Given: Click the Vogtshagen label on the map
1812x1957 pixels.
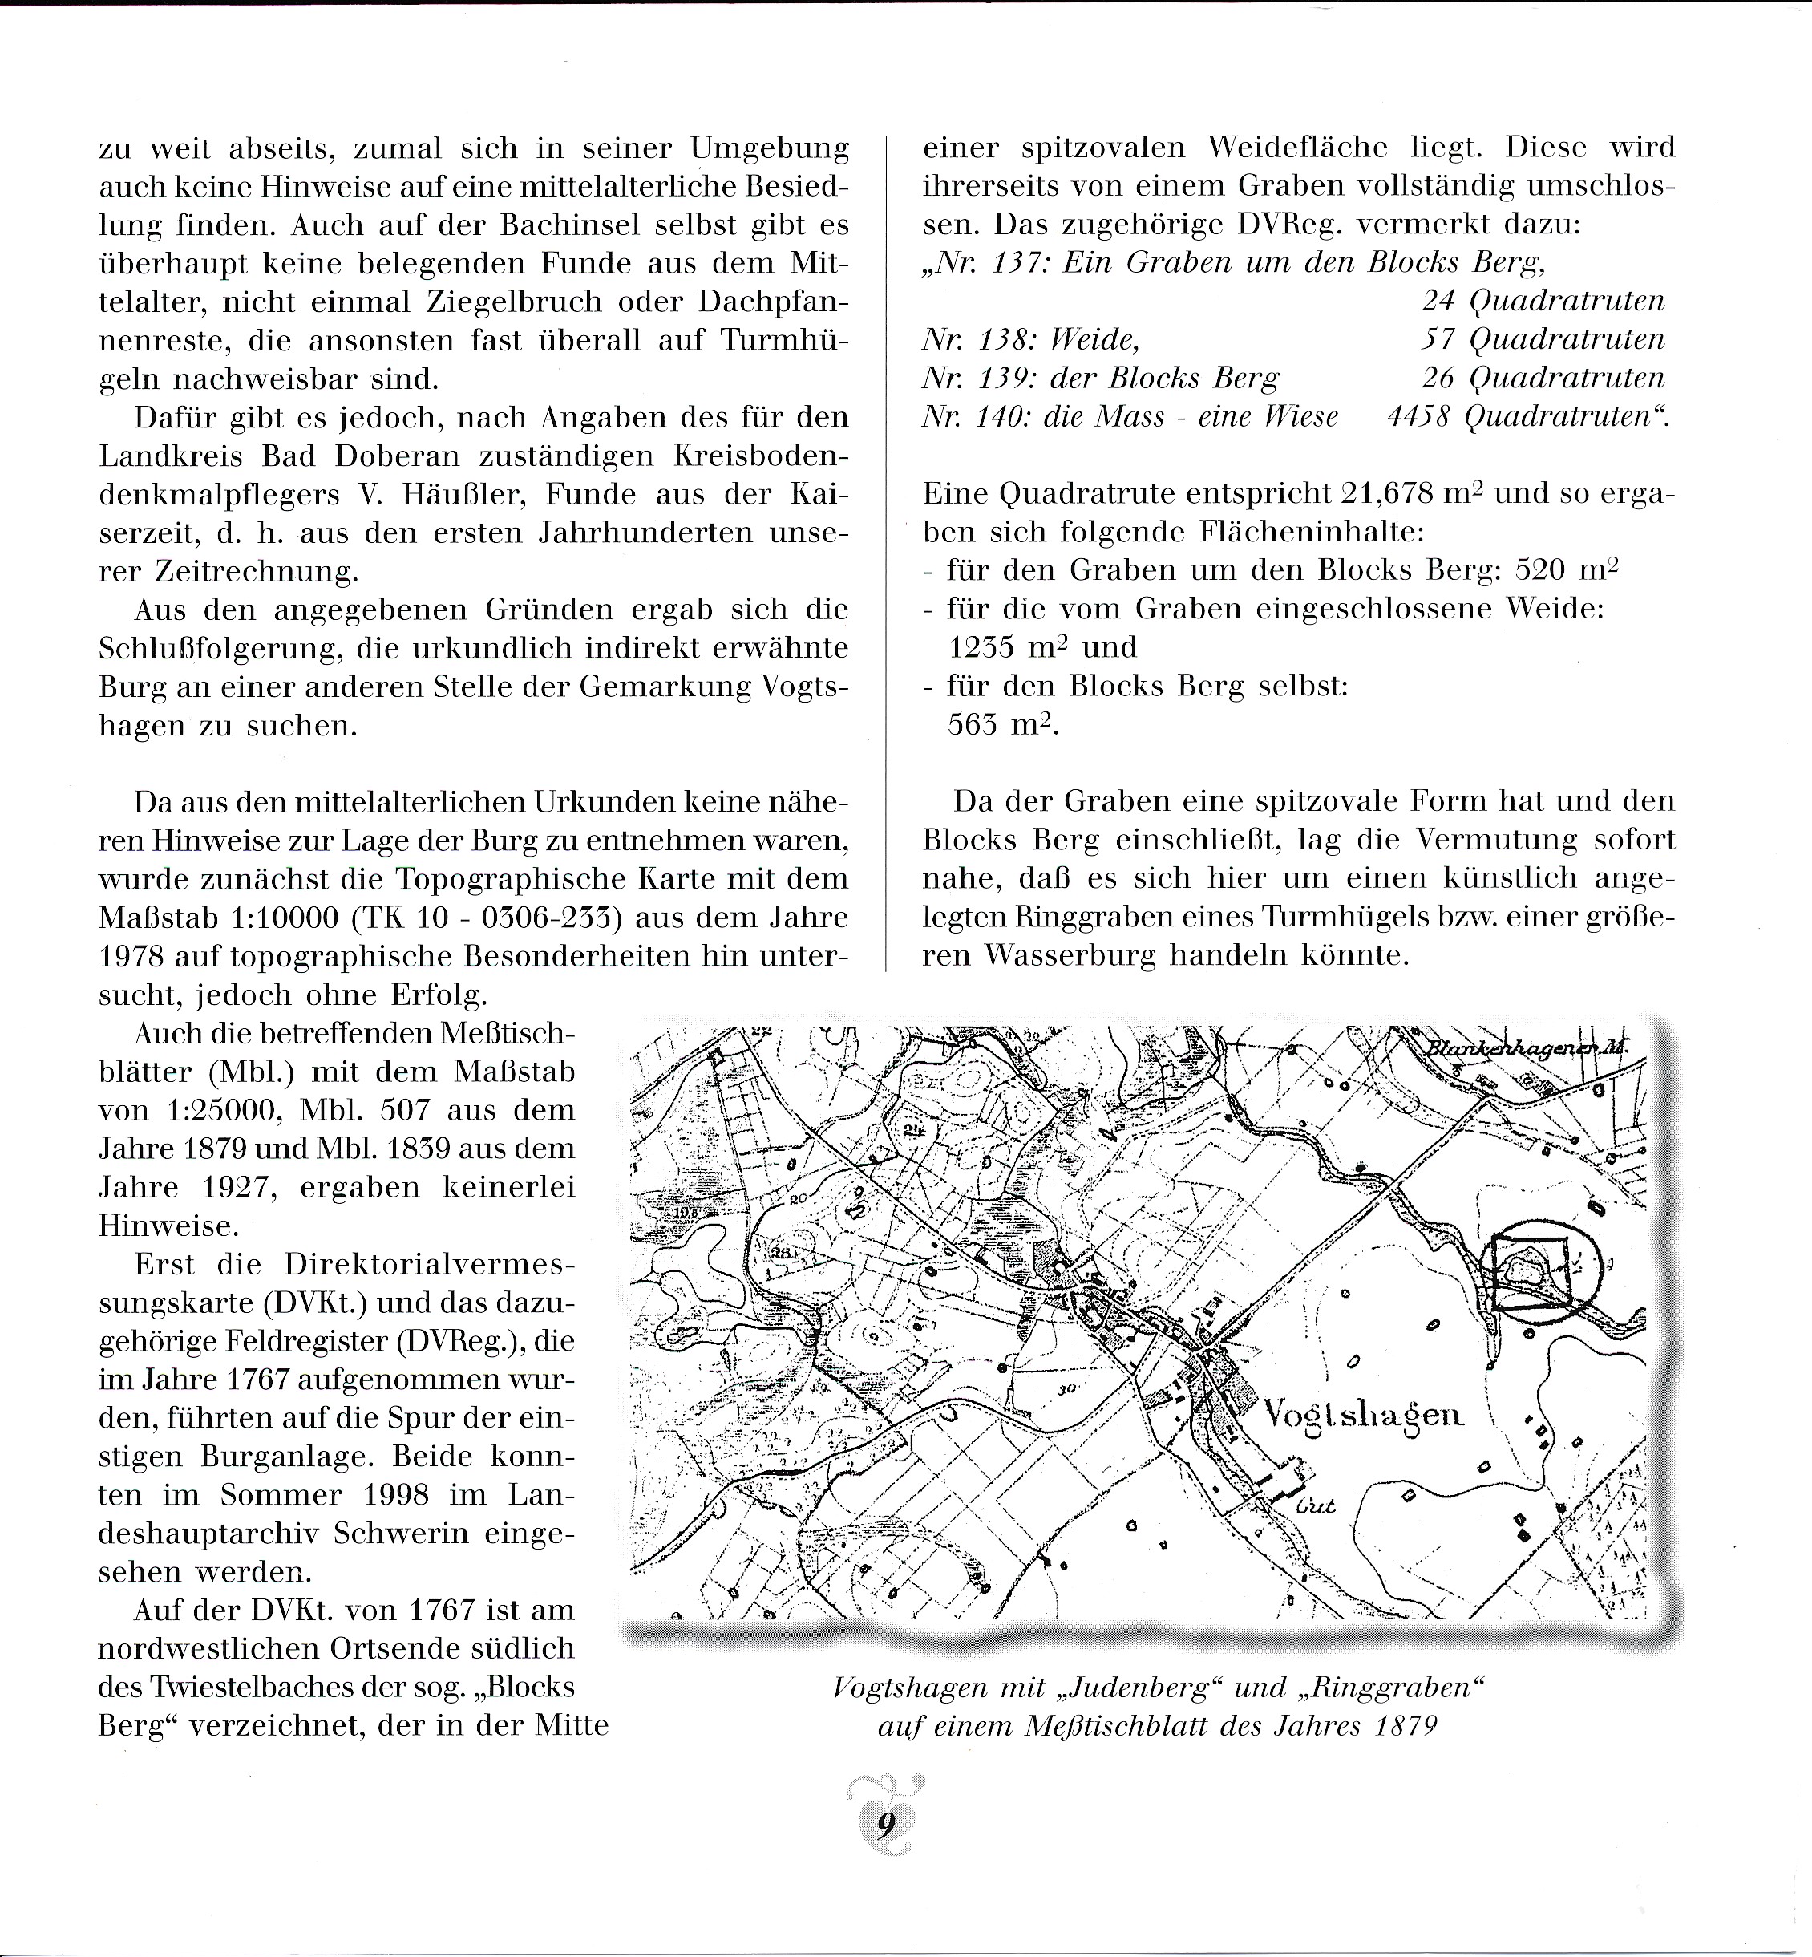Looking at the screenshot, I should point(1363,1415).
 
